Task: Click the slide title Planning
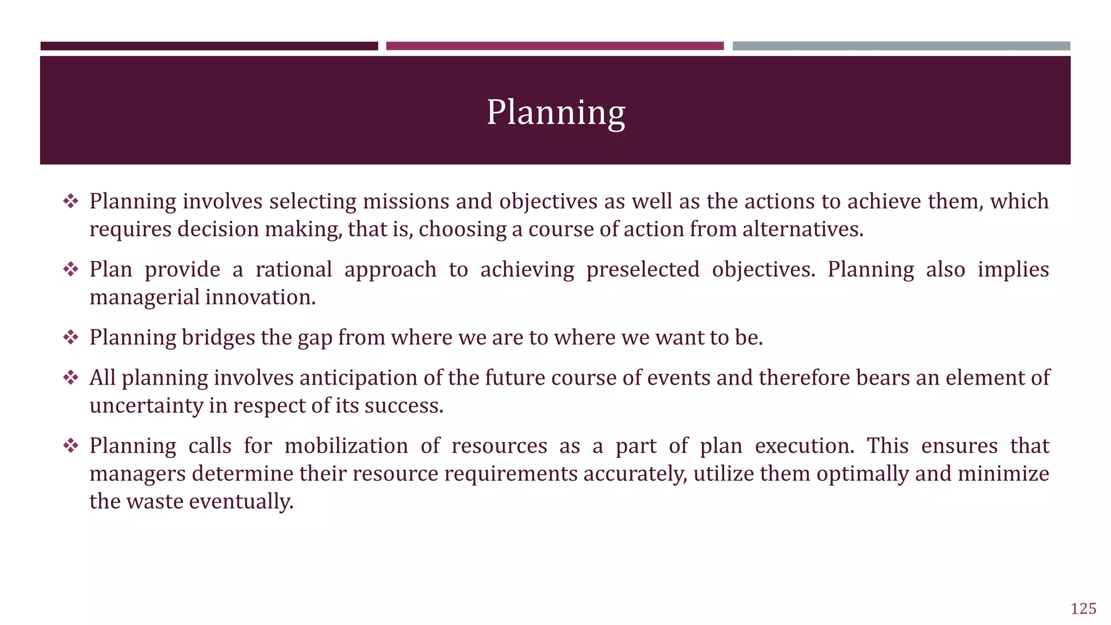[555, 112]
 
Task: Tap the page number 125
[1083, 609]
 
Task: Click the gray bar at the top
[901, 46]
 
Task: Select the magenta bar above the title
[554, 46]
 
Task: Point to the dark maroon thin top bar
[209, 46]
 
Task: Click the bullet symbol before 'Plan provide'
[71, 269]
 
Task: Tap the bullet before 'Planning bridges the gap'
[71, 337]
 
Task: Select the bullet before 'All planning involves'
[71, 378]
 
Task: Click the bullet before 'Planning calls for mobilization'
[71, 446]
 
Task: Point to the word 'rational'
[293, 270]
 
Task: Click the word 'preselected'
[643, 270]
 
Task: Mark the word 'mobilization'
[346, 446]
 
